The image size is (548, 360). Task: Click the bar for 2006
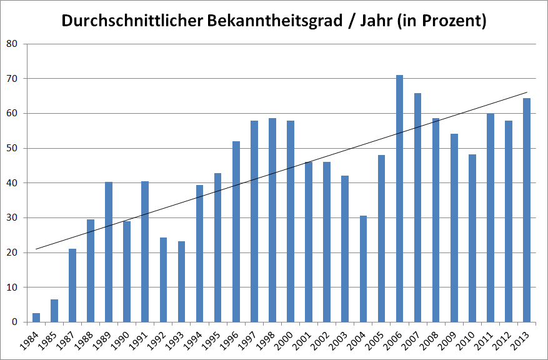pos(399,199)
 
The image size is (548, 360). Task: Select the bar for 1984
pos(36,317)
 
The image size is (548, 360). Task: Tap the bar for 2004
pos(363,269)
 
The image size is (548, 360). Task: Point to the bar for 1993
pos(181,282)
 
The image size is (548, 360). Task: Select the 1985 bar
pos(54,311)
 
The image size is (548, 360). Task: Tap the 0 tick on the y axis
pos(14,322)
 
